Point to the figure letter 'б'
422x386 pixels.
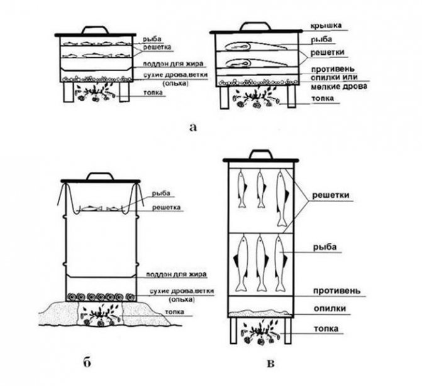[87, 361]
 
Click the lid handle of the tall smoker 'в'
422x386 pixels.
[260, 154]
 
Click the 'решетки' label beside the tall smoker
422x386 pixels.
[331, 195]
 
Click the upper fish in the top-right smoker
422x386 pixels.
[248, 45]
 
